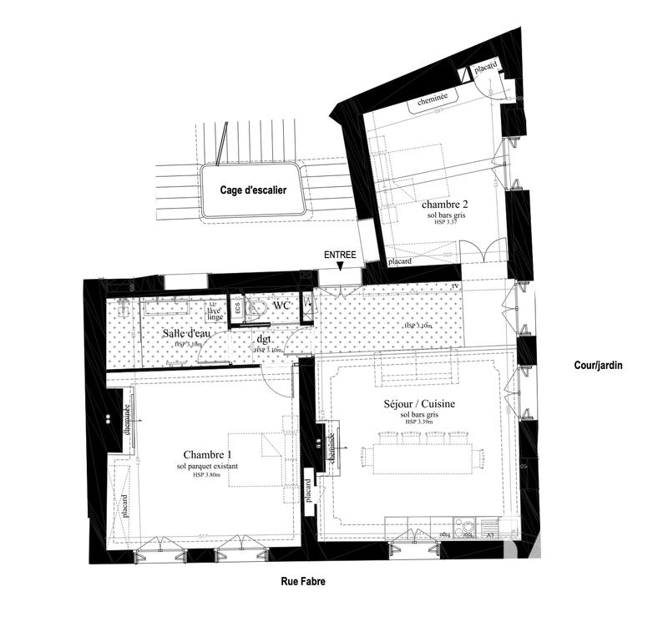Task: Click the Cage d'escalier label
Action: pyautogui.click(x=253, y=190)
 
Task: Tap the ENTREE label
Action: pyautogui.click(x=341, y=254)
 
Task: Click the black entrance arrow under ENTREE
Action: pyautogui.click(x=341, y=266)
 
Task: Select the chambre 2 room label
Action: pyautogui.click(x=443, y=205)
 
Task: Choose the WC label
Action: pyautogui.click(x=281, y=306)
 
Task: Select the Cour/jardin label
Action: pyautogui.click(x=599, y=366)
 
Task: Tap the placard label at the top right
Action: pyautogui.click(x=487, y=66)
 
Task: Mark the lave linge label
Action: pyautogui.click(x=215, y=311)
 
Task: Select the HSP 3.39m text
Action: pyautogui.click(x=422, y=422)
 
